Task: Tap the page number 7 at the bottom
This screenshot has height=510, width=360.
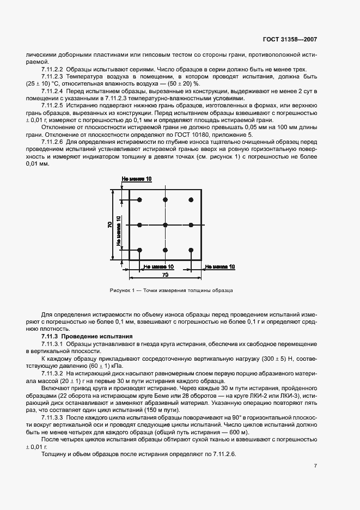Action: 316,466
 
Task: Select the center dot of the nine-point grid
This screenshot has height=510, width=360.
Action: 165,224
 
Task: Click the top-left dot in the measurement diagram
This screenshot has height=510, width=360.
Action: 140,200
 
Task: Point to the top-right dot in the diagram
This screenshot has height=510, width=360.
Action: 191,200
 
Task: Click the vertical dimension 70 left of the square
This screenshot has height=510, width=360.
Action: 111,224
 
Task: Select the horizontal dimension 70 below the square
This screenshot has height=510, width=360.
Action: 165,276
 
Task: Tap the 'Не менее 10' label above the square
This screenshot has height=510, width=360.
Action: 137,179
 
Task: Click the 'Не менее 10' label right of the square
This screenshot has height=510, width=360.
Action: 220,266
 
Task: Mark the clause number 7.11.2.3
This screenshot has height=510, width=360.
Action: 52,77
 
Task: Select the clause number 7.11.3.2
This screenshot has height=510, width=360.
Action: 52,375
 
